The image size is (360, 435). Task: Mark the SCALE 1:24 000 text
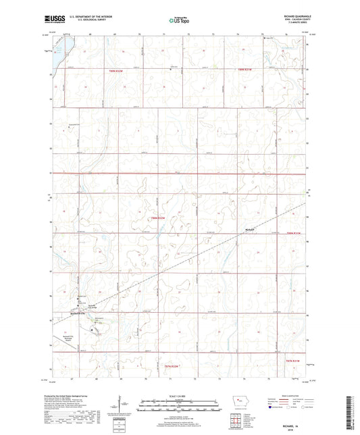179,396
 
